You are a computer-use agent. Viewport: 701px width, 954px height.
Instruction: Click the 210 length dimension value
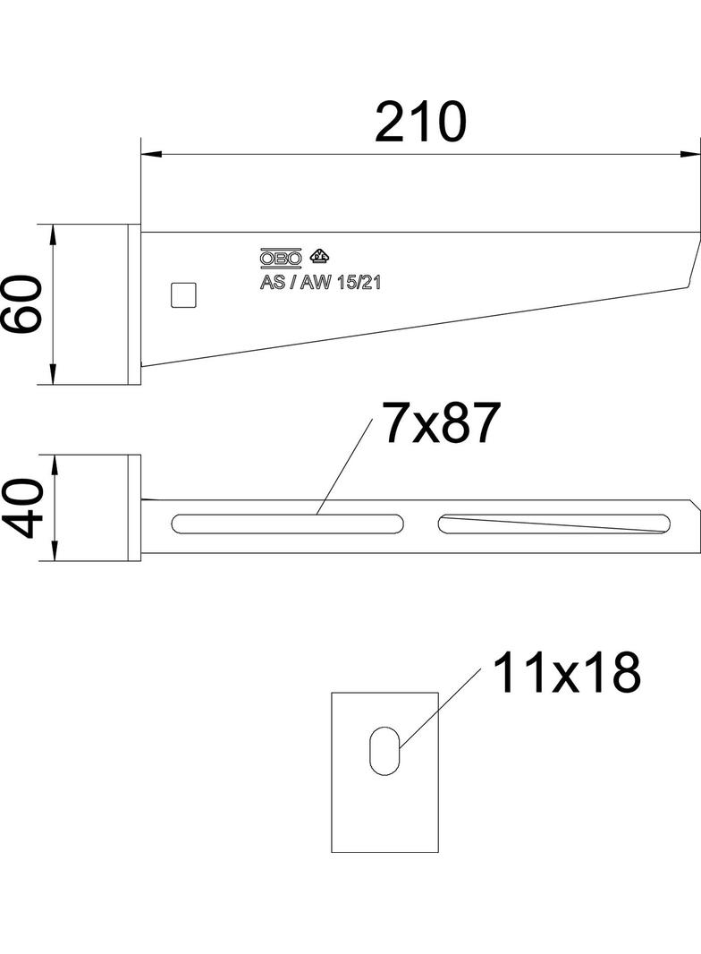click(420, 123)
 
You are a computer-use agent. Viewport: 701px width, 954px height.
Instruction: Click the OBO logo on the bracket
click(281, 259)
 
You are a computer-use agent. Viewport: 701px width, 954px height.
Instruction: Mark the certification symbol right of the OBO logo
click(318, 256)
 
